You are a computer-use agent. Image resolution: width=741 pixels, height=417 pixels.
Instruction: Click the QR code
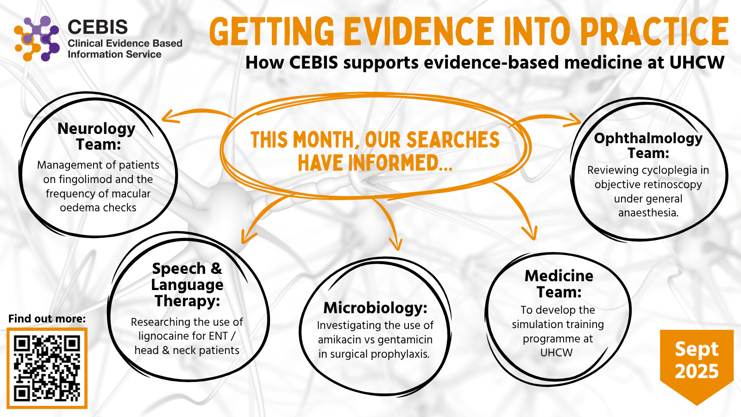coord(47,368)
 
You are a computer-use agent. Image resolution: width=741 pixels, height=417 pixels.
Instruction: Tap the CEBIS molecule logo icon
coord(37,38)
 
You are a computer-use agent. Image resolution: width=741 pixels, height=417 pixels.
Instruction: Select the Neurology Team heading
coord(97,136)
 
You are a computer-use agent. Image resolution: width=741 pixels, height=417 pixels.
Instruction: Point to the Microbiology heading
coord(376,308)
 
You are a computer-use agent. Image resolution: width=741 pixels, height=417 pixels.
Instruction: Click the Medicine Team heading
coord(559,284)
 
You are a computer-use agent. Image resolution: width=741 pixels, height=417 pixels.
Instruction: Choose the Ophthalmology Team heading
coord(648,145)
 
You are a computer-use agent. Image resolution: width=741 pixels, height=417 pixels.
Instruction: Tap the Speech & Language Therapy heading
coord(187,284)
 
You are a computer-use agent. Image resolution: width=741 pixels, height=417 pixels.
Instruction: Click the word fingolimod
coord(83,179)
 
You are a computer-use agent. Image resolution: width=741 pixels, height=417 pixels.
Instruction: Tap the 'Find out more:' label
coord(47,318)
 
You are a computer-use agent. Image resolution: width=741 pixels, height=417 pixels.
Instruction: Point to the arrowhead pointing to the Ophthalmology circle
coord(573,120)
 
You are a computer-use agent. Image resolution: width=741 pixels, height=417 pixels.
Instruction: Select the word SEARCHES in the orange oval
coord(453,139)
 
